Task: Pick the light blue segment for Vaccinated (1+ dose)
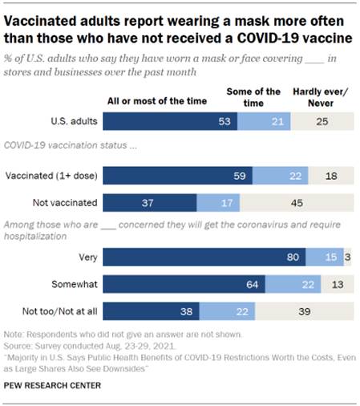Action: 272,176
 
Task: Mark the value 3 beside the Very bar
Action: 348,257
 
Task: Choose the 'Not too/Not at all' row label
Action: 59,311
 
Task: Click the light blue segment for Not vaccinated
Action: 216,203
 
